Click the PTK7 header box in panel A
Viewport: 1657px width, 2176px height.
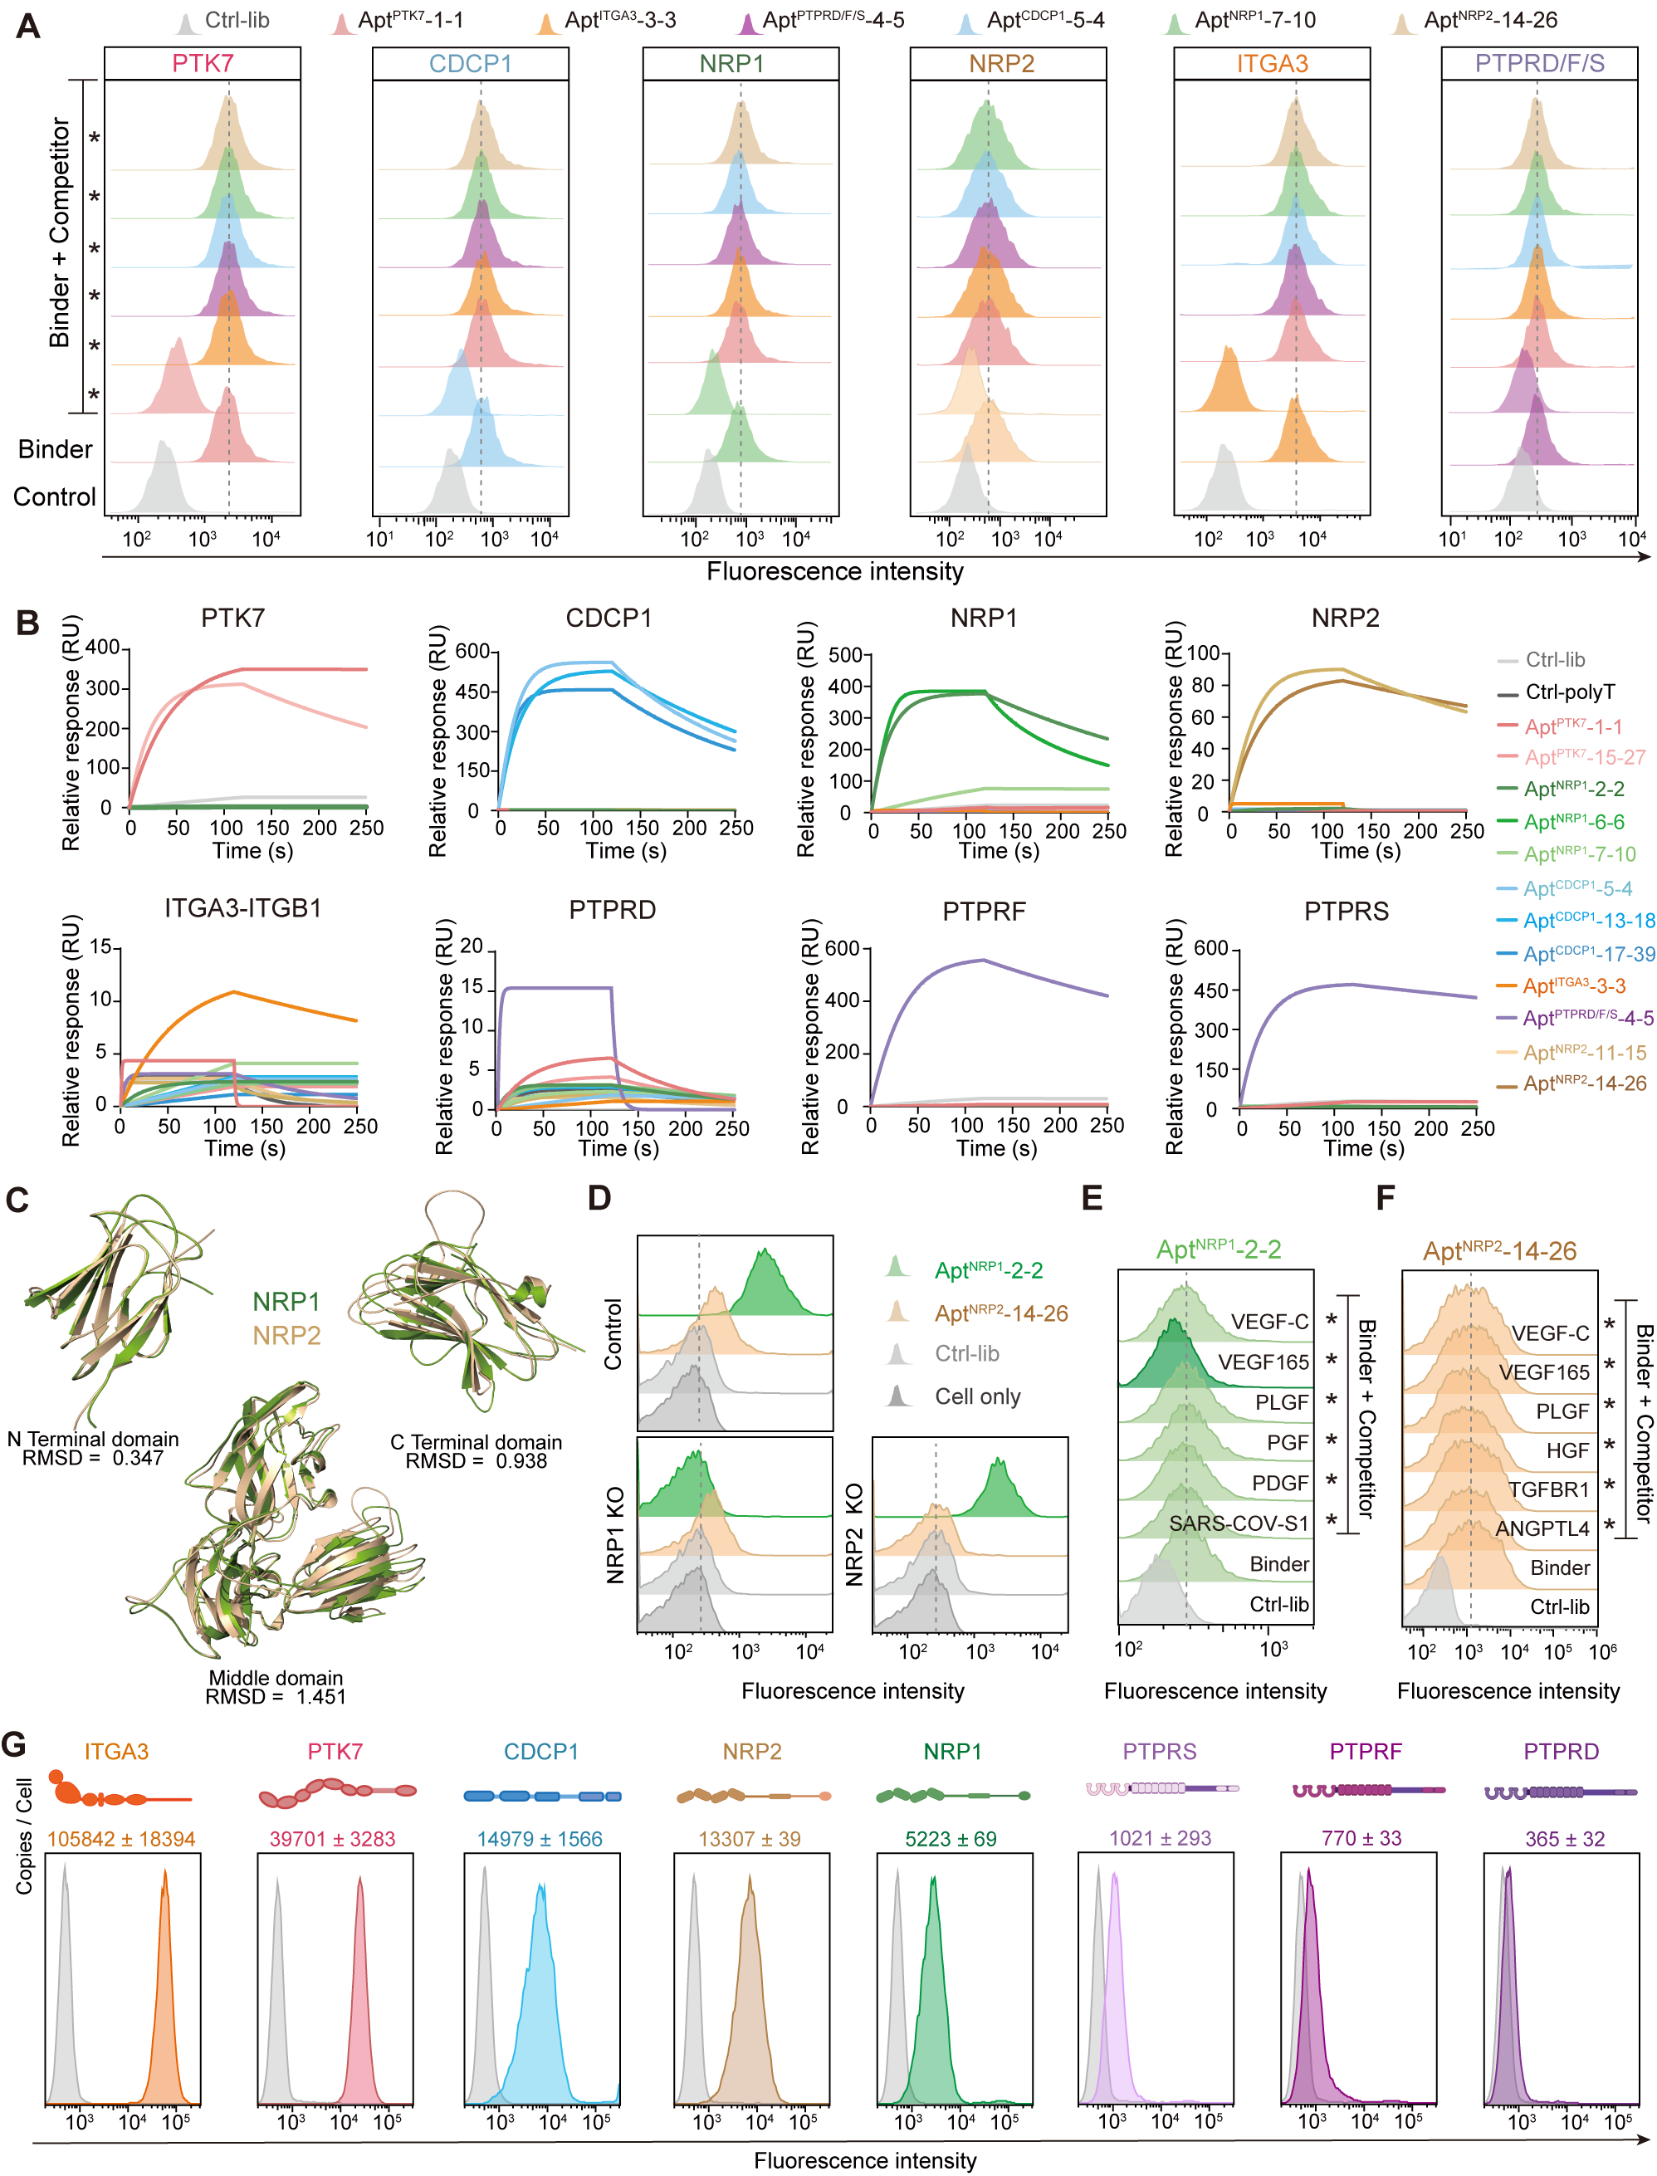point(203,64)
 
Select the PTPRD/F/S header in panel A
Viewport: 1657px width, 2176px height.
point(1538,64)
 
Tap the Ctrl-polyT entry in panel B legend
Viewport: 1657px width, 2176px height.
point(1569,692)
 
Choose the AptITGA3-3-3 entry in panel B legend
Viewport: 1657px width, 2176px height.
point(1574,985)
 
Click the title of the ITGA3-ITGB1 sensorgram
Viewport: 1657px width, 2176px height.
point(242,908)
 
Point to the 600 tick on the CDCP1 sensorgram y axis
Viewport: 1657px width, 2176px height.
point(472,651)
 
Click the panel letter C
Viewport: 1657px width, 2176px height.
point(17,1200)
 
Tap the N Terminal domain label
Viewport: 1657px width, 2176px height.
point(93,1439)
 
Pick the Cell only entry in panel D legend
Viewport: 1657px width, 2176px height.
point(976,1396)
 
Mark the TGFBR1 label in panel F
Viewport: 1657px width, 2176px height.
point(1548,1489)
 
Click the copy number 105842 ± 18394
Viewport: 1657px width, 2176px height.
point(121,1840)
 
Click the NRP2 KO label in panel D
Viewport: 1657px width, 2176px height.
point(854,1534)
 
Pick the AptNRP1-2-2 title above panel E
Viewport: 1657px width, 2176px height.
point(1218,1249)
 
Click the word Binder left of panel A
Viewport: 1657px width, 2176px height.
point(56,450)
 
